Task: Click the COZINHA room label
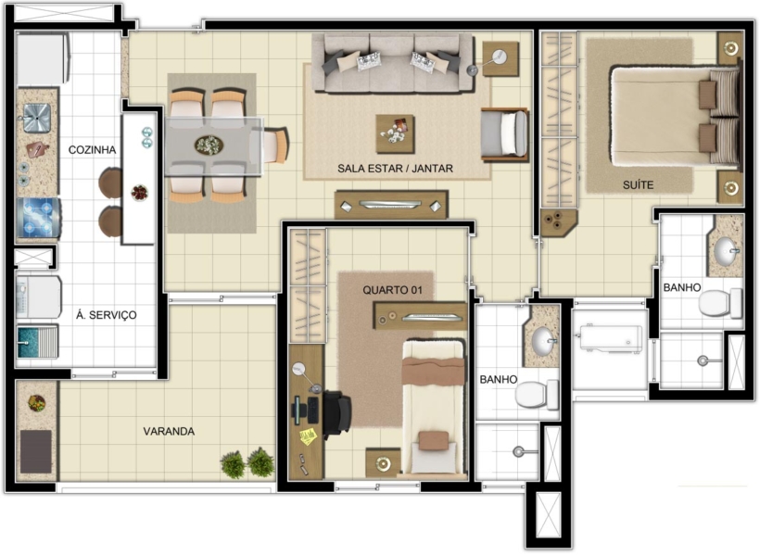coord(92,150)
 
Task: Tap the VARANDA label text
coord(169,431)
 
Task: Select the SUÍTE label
coord(638,184)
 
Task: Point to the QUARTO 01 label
coord(392,290)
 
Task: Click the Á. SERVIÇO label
coord(107,315)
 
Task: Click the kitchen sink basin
coord(37,118)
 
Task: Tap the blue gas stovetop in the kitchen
coord(38,217)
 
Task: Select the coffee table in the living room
coord(395,133)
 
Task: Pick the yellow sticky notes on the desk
coord(309,436)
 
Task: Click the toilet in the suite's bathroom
coord(720,302)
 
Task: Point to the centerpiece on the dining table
coord(209,145)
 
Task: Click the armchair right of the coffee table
coord(504,134)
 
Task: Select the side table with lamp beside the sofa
coord(500,58)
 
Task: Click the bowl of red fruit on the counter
coord(140,193)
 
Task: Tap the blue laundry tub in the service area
coord(37,342)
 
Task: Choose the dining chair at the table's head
coord(273,145)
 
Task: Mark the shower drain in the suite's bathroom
coord(703,360)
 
